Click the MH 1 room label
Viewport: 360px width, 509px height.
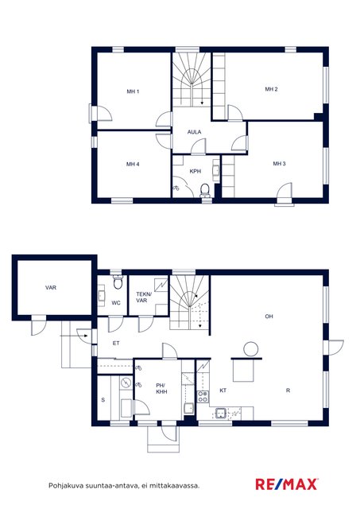pyautogui.click(x=133, y=91)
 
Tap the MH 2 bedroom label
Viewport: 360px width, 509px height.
pyautogui.click(x=272, y=89)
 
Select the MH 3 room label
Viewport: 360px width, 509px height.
pyautogui.click(x=279, y=164)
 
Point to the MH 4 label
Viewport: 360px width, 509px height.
pyautogui.click(x=133, y=165)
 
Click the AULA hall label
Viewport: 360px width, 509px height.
pyautogui.click(x=194, y=132)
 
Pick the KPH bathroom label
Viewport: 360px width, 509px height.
pyautogui.click(x=195, y=171)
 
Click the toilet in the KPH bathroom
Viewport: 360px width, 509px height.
pyautogui.click(x=205, y=190)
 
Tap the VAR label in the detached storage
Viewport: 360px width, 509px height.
pyautogui.click(x=51, y=288)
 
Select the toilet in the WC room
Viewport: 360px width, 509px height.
pyautogui.click(x=118, y=282)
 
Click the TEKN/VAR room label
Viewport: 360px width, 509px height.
pyautogui.click(x=144, y=297)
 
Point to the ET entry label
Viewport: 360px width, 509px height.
pyautogui.click(x=116, y=343)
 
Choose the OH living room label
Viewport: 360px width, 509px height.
pyautogui.click(x=269, y=317)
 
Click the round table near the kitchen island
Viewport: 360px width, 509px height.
pyautogui.click(x=250, y=350)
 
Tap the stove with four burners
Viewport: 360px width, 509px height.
pyautogui.click(x=203, y=397)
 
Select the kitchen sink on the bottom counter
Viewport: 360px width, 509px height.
pyautogui.click(x=222, y=414)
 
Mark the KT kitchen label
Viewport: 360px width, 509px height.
pyautogui.click(x=223, y=390)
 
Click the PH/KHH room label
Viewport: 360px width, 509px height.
pyautogui.click(x=161, y=389)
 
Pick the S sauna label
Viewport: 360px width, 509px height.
pyautogui.click(x=103, y=400)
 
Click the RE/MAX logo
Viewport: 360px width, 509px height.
pyautogui.click(x=287, y=484)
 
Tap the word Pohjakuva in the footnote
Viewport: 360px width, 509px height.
pyautogui.click(x=64, y=486)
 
